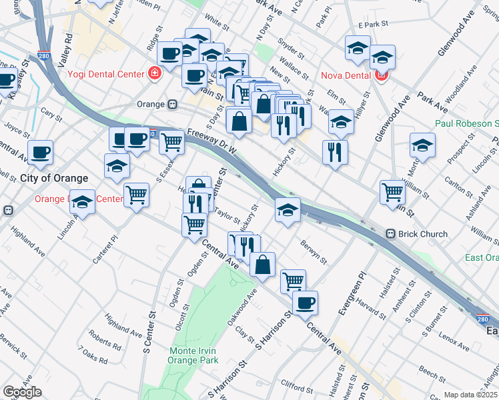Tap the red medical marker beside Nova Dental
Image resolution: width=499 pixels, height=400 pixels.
[x=382, y=75]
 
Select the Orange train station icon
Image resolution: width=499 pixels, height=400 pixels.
[x=172, y=105]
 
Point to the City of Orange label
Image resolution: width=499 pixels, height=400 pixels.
[x=54, y=178]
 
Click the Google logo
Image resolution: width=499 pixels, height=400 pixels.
[x=22, y=392]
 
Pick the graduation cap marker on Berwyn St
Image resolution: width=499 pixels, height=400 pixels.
[x=288, y=210]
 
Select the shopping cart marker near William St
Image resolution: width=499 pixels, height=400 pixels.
[x=393, y=192]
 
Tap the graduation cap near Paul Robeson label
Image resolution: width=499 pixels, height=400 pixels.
[x=422, y=146]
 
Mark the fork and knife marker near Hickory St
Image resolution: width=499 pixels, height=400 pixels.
[x=334, y=151]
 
